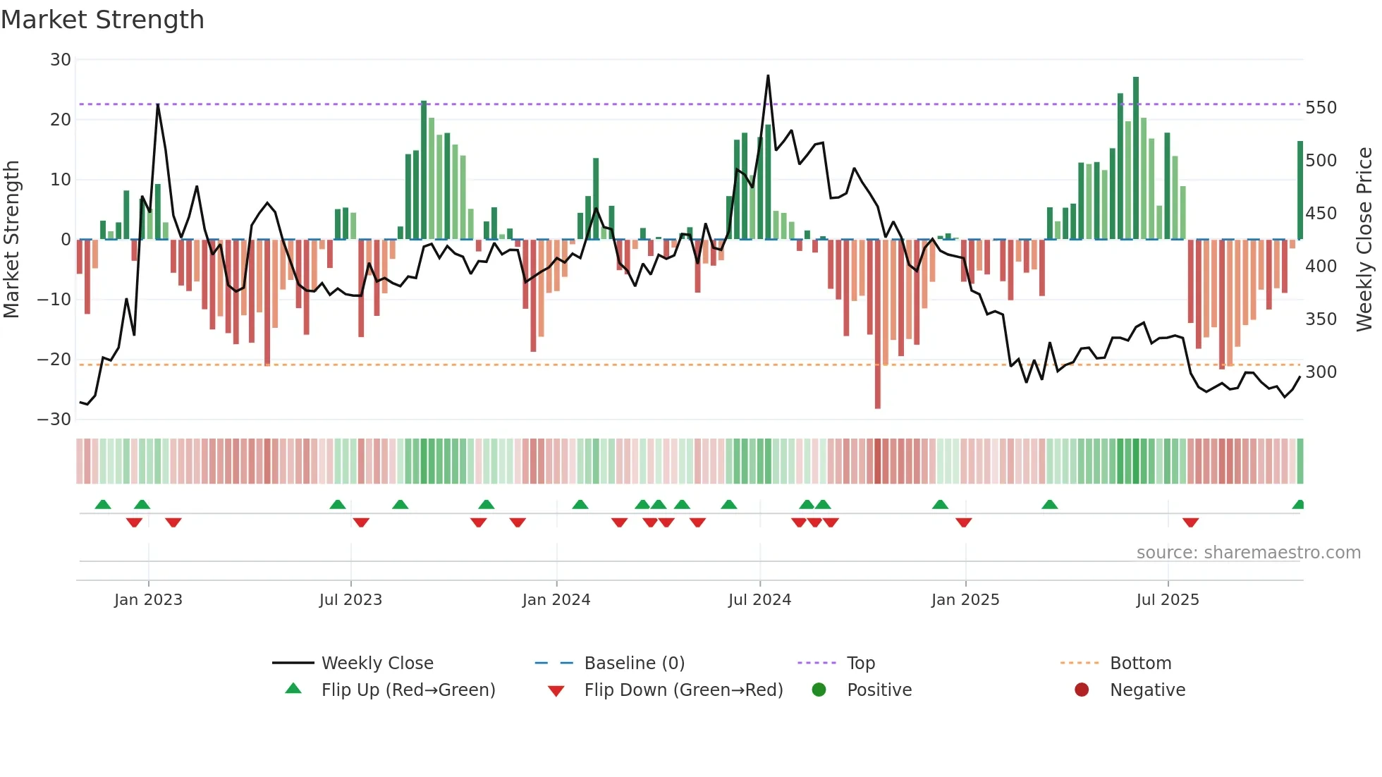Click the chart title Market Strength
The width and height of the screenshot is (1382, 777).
click(102, 20)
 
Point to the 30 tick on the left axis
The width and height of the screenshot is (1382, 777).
click(61, 60)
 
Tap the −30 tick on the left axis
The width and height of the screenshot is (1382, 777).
click(54, 420)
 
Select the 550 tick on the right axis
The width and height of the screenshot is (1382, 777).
click(1321, 108)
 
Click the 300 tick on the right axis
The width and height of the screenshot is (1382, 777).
click(1321, 372)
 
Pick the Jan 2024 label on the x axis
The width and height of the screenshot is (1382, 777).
click(556, 600)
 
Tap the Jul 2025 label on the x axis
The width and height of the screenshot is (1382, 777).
click(1168, 600)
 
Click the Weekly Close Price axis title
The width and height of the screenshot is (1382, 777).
click(1364, 240)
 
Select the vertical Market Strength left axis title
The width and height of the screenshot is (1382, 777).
click(12, 240)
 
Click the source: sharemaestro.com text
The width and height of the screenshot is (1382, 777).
click(1248, 553)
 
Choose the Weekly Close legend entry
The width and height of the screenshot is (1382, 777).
click(377, 663)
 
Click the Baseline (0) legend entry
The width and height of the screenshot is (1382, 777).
click(634, 663)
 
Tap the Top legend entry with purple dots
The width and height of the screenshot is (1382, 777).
click(860, 663)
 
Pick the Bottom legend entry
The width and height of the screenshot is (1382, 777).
click(1140, 663)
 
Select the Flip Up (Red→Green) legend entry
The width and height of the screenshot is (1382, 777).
click(408, 690)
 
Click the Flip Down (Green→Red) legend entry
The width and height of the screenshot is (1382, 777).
click(683, 690)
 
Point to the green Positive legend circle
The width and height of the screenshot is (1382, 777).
click(819, 690)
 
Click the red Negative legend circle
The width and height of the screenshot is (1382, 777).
click(1082, 690)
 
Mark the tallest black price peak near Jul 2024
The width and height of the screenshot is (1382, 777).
click(768, 76)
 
